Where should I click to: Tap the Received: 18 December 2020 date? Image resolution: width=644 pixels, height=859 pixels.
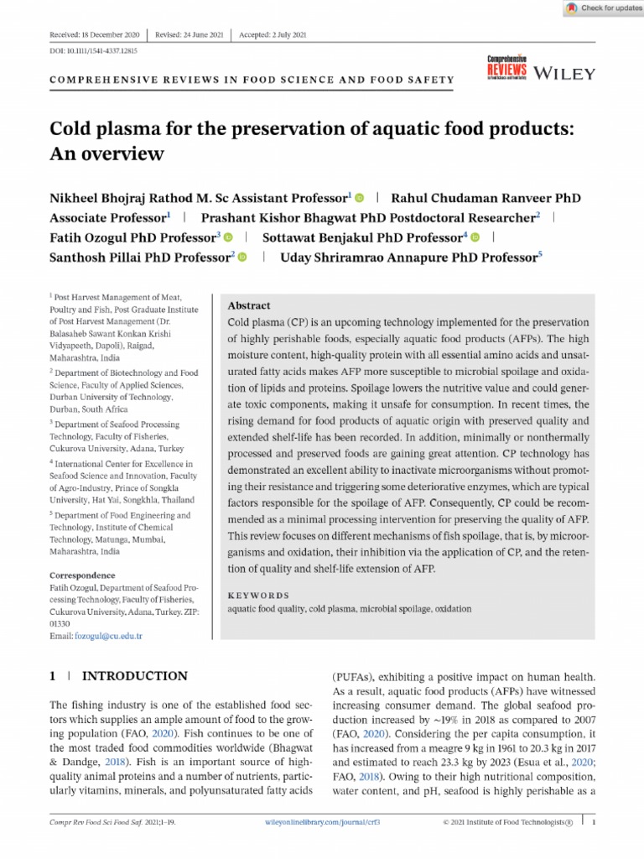point(95,34)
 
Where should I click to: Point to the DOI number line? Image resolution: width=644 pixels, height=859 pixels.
point(82,51)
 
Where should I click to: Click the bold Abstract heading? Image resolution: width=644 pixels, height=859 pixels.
point(249,306)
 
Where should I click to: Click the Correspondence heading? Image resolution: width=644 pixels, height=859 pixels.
point(82,575)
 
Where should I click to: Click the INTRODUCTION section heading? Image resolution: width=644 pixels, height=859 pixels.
point(135,676)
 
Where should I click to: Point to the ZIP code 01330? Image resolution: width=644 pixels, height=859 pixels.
point(61,624)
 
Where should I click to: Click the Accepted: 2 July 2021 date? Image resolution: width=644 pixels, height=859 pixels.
point(274,34)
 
